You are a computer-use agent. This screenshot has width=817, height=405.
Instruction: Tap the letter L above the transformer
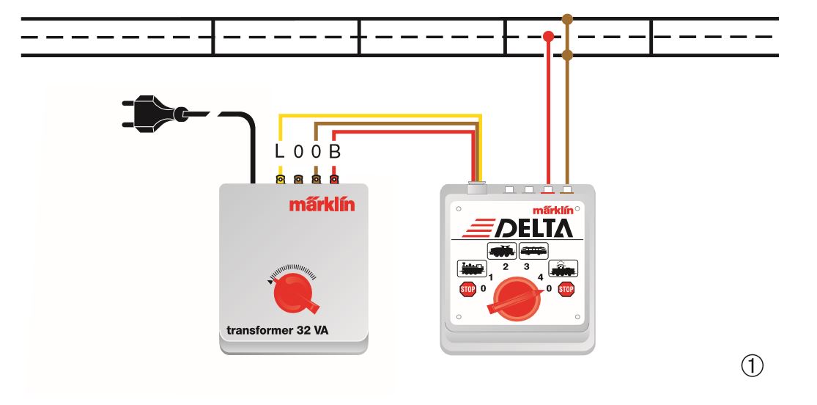[280, 151]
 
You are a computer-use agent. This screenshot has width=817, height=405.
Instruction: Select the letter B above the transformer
[335, 151]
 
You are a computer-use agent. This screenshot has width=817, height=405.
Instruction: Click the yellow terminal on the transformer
[281, 180]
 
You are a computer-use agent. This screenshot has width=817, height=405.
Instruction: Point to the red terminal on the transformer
[334, 180]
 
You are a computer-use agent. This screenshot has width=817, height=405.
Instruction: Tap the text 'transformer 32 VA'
[277, 330]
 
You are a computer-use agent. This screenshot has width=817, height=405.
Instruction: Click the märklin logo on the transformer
[322, 204]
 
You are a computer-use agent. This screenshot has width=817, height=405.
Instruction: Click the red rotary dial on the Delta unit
[516, 299]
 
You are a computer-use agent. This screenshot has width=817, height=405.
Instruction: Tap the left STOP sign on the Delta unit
[468, 289]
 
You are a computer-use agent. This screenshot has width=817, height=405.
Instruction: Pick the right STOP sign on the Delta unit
[566, 289]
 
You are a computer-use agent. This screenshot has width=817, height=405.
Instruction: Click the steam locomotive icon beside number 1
[472, 269]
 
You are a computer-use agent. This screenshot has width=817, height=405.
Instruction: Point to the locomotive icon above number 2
[502, 251]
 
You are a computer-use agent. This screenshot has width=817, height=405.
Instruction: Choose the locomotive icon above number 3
[533, 251]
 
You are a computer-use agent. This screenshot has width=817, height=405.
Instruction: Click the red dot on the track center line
[548, 37]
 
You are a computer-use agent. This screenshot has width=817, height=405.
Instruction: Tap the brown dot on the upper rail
[567, 19]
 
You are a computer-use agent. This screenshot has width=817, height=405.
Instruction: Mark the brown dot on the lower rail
[567, 55]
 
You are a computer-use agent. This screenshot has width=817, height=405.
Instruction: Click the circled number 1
[752, 366]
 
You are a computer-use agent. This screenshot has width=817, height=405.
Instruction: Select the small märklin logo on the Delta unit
[552, 211]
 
